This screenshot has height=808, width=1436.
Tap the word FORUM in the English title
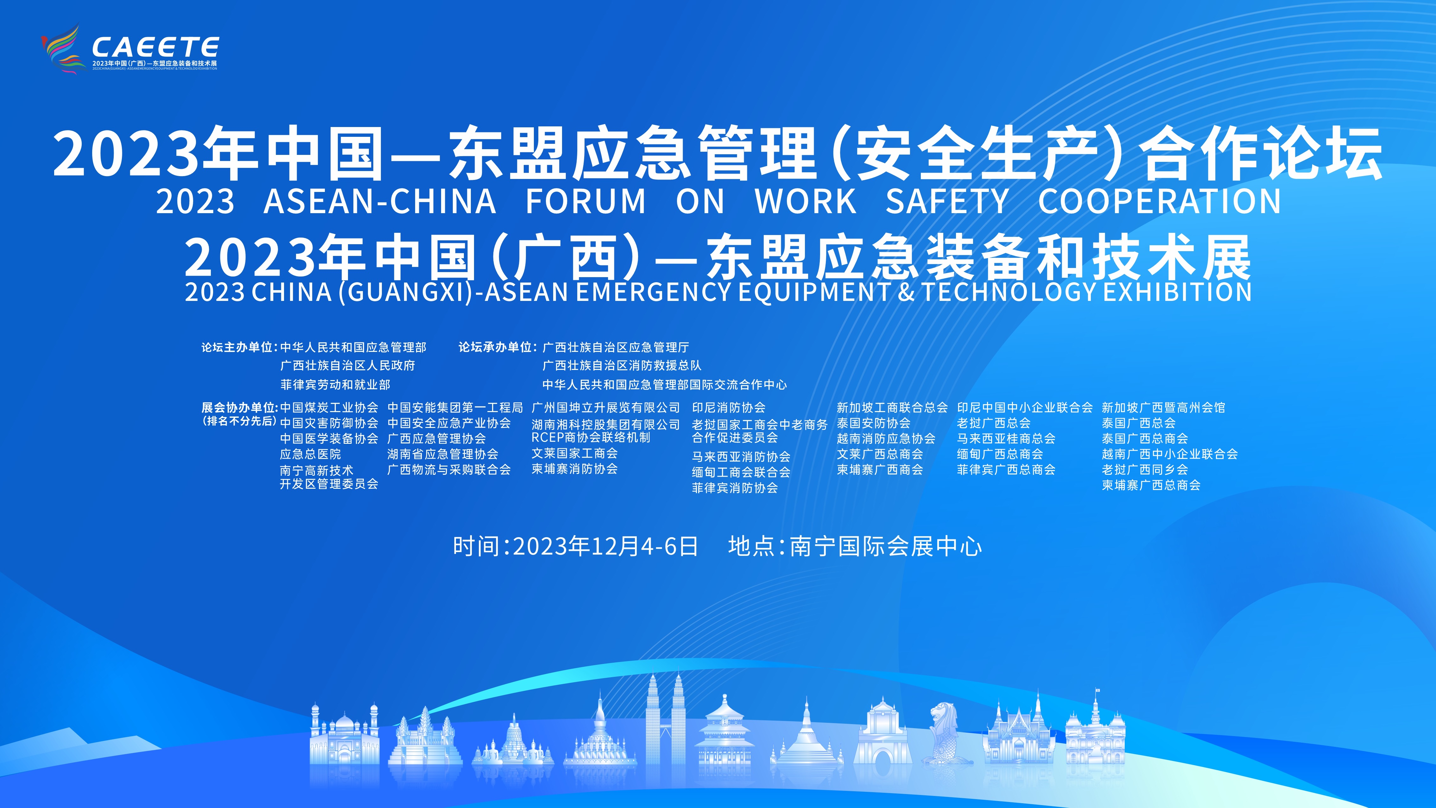pos(586,201)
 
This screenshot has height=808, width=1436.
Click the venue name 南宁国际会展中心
pos(886,546)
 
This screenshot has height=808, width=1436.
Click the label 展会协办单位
pos(238,408)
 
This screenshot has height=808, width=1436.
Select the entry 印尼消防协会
pos(729,408)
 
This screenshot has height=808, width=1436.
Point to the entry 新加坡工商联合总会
pos(892,408)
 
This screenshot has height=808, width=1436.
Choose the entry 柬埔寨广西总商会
pos(1151,485)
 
